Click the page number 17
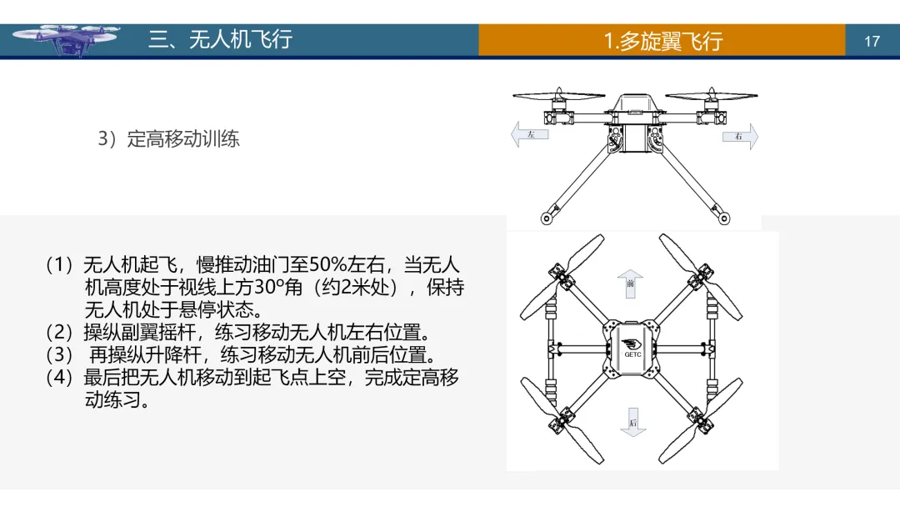point(872,41)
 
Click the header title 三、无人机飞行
point(220,39)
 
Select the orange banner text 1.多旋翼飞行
point(662,41)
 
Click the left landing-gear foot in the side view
point(547,219)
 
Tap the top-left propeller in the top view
point(562,275)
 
